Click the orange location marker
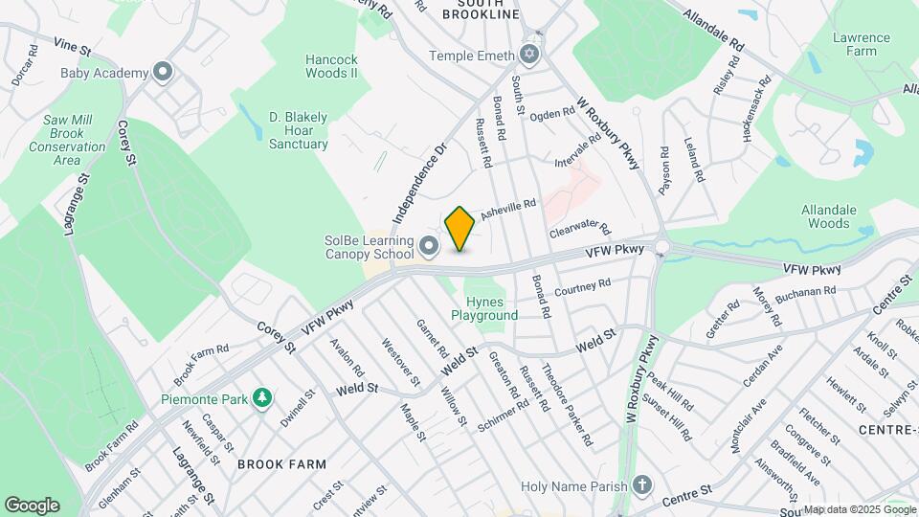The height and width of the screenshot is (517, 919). click(460, 228)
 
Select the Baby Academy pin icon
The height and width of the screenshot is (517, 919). click(163, 73)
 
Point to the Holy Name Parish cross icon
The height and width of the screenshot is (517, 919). click(642, 485)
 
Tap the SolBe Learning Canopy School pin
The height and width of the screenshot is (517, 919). click(428, 248)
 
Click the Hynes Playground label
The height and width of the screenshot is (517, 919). click(484, 308)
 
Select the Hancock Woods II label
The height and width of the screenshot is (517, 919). click(331, 66)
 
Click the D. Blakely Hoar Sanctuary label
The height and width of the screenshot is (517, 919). click(298, 131)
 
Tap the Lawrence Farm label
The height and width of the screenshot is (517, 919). click(861, 44)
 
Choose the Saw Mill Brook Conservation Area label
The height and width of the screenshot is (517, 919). click(67, 140)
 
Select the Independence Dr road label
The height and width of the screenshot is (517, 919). click(420, 184)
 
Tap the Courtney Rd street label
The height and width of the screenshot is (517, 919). click(582, 286)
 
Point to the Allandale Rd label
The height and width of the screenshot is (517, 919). click(714, 30)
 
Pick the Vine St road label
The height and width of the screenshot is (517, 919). click(72, 46)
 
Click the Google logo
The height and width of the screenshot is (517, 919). click(32, 506)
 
